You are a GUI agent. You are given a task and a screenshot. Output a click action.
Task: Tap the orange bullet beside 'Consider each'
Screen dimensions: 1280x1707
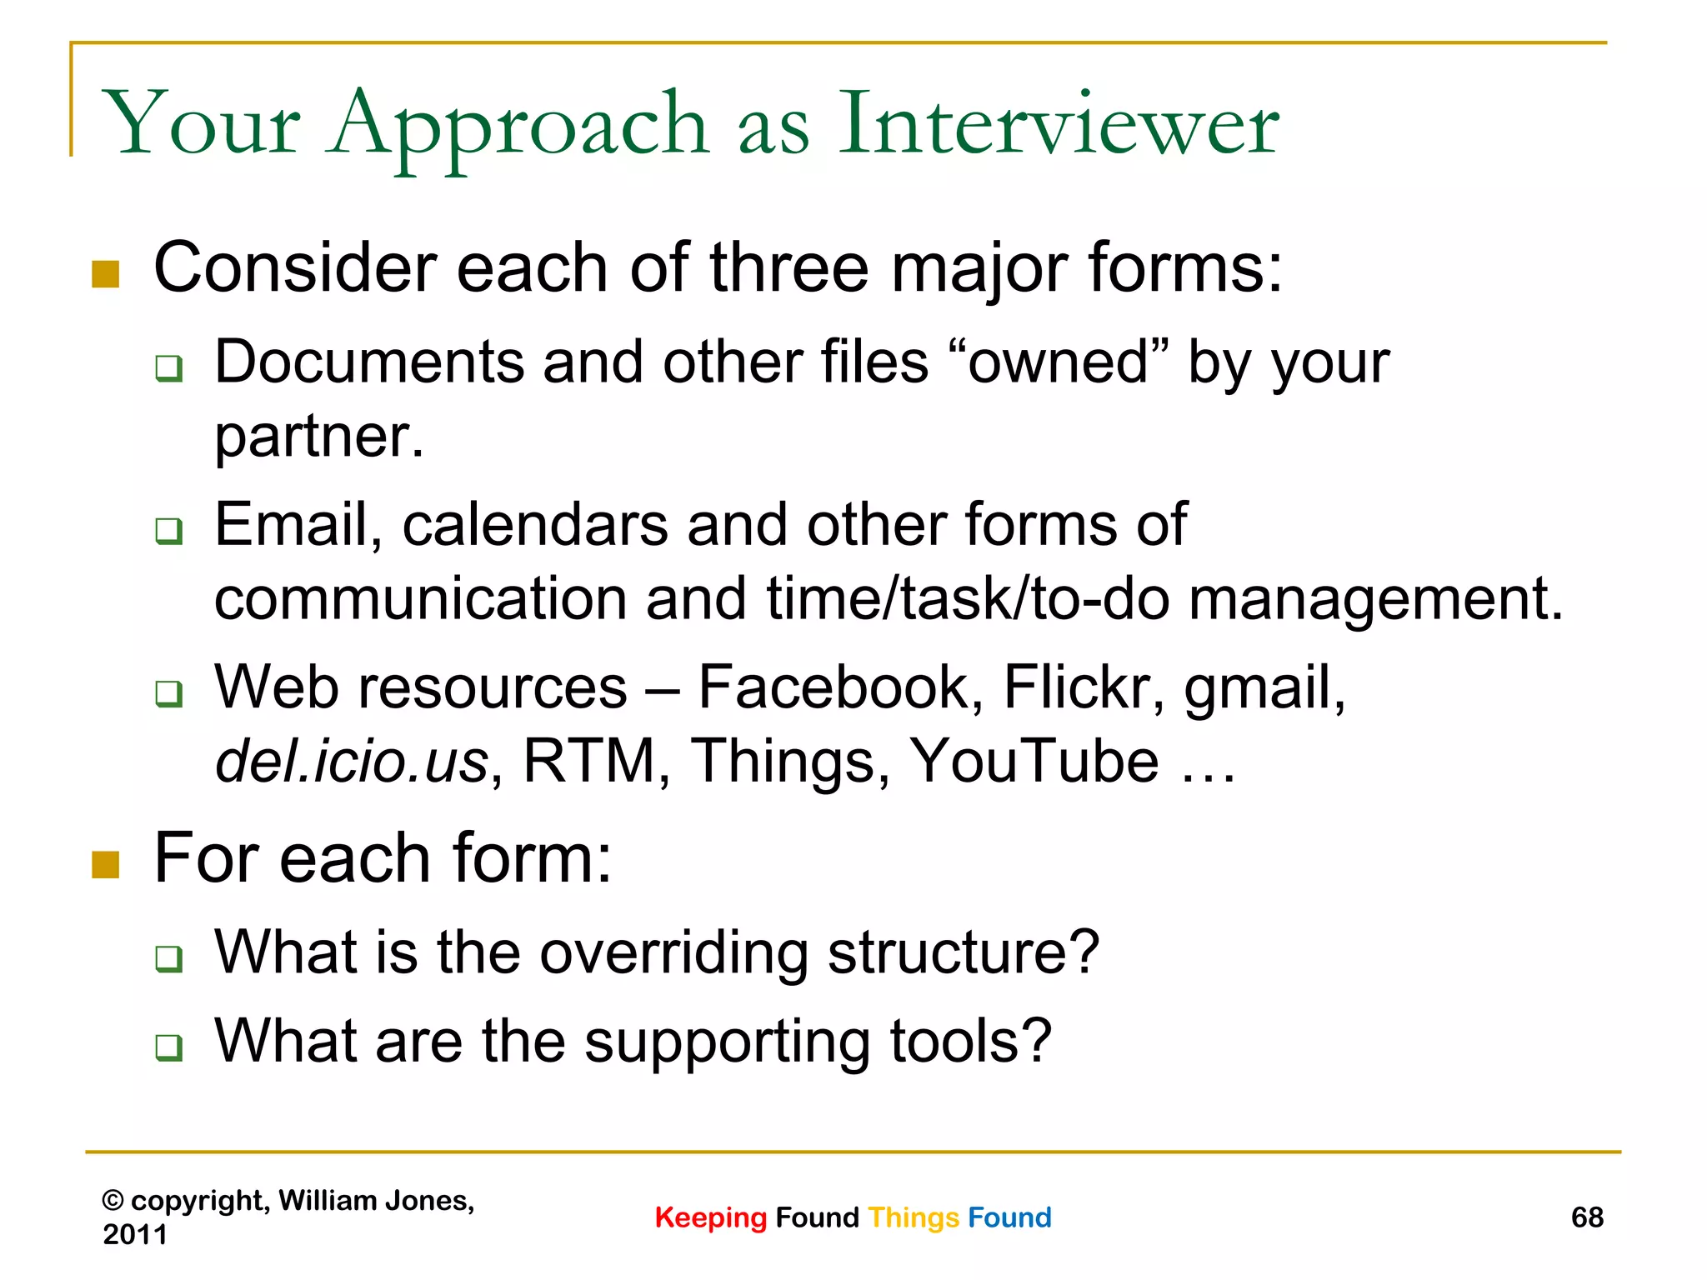(x=106, y=274)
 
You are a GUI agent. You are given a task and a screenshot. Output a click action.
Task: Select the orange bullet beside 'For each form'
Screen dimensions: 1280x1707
(x=106, y=864)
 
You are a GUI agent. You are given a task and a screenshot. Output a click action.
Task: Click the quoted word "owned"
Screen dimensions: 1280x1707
(x=1059, y=362)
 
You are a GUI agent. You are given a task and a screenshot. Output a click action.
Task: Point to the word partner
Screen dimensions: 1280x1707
(x=318, y=437)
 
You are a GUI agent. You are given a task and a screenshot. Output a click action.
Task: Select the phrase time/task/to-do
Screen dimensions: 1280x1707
(x=968, y=599)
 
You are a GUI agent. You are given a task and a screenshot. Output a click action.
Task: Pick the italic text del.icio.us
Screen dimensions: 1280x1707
(x=351, y=762)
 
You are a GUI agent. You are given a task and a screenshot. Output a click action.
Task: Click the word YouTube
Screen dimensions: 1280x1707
(x=1034, y=762)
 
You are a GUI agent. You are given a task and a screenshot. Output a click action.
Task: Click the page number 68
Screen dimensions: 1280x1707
(x=1586, y=1217)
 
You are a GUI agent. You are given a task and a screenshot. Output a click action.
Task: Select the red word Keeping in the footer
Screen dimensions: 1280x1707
(x=710, y=1217)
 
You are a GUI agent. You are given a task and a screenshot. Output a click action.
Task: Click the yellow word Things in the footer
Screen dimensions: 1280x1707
(x=913, y=1217)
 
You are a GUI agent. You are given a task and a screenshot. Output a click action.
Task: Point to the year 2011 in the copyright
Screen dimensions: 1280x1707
(x=135, y=1234)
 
